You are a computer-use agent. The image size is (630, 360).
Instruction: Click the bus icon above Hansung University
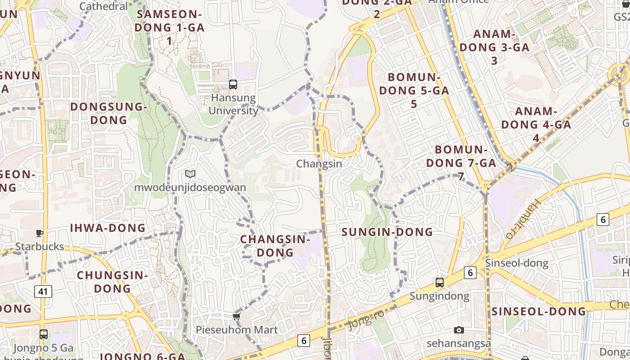tap(233, 84)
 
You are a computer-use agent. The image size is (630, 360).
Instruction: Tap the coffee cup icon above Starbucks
tap(40, 233)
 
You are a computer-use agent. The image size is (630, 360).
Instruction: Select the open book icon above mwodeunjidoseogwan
tap(190, 174)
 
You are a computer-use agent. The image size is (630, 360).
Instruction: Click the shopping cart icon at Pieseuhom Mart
tap(237, 316)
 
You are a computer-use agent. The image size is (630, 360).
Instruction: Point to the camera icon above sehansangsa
tap(459, 330)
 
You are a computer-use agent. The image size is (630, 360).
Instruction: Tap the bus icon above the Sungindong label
tap(440, 283)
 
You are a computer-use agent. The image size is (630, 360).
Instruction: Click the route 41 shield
tap(43, 292)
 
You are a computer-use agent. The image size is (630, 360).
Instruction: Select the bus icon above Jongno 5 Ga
tap(43, 334)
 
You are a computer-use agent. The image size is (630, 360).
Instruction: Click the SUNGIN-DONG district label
tap(387, 232)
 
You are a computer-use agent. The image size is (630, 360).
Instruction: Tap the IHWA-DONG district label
tap(108, 228)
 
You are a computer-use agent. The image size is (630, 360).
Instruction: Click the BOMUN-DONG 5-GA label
tap(414, 90)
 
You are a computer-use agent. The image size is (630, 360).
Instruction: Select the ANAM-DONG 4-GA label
tap(536, 124)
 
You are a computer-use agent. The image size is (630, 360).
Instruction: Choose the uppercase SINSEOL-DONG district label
tap(539, 311)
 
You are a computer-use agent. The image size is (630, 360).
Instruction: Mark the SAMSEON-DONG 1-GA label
tap(170, 27)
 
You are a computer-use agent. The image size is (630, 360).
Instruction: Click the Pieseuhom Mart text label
tap(237, 330)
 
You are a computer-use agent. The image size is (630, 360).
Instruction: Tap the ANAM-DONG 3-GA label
tap(494, 47)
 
